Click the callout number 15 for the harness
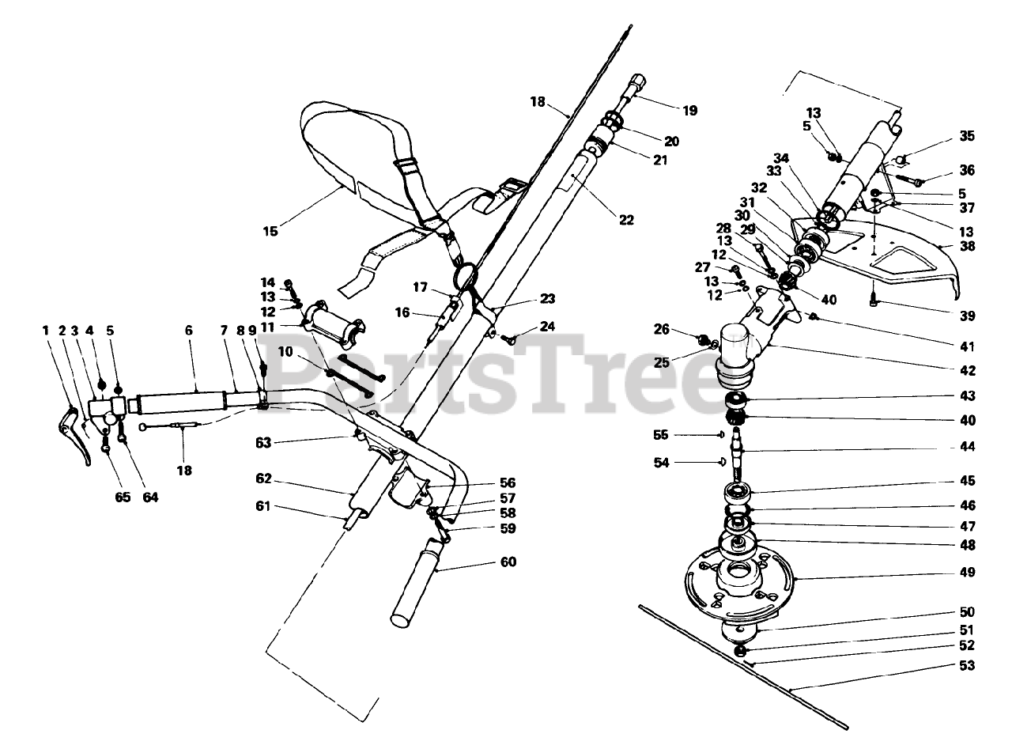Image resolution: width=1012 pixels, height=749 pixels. tap(270, 232)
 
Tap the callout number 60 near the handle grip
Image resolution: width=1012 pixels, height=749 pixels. tap(508, 562)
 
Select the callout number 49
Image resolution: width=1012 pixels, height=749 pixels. tap(967, 572)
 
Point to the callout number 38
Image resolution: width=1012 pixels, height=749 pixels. tap(967, 246)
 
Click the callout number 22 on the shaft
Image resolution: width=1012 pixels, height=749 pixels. tap(626, 221)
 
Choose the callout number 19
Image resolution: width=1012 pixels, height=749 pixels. tap(690, 111)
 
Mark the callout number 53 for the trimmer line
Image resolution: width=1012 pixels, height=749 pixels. tap(967, 666)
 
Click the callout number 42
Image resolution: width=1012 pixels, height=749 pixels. tap(967, 370)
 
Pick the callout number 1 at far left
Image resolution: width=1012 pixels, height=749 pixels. tap(46, 331)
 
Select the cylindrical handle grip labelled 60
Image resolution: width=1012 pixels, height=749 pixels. tap(419, 581)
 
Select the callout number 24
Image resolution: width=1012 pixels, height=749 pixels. tap(548, 326)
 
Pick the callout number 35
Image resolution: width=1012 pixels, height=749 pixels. tap(967, 136)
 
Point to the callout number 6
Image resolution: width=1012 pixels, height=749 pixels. tap(189, 331)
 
